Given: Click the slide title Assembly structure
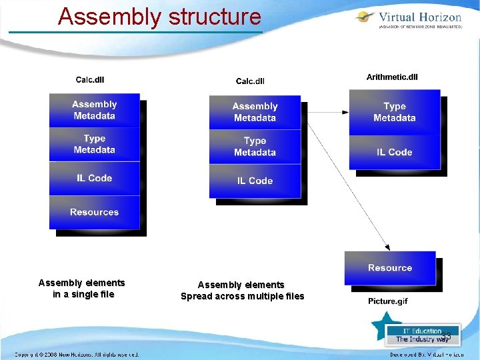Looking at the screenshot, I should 159,16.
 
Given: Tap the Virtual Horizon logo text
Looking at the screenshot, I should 419,17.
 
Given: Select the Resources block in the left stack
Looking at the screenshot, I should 94,212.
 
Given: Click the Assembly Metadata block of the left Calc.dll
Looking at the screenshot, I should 94,110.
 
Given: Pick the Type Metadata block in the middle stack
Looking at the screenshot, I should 255,147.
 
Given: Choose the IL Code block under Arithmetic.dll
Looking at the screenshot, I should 395,152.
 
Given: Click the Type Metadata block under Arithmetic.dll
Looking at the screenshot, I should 395,112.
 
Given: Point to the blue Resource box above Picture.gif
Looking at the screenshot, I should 390,267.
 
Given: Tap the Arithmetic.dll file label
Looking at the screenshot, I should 392,77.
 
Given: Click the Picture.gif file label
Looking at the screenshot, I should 387,301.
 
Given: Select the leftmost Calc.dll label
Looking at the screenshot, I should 90,80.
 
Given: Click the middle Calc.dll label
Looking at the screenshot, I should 250,81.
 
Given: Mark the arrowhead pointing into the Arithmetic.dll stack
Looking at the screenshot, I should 345,112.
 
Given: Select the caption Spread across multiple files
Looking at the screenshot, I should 242,296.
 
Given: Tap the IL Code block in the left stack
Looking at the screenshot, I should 94,178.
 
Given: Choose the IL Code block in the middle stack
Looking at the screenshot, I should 255,181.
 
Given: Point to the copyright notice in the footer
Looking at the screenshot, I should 77,355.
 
